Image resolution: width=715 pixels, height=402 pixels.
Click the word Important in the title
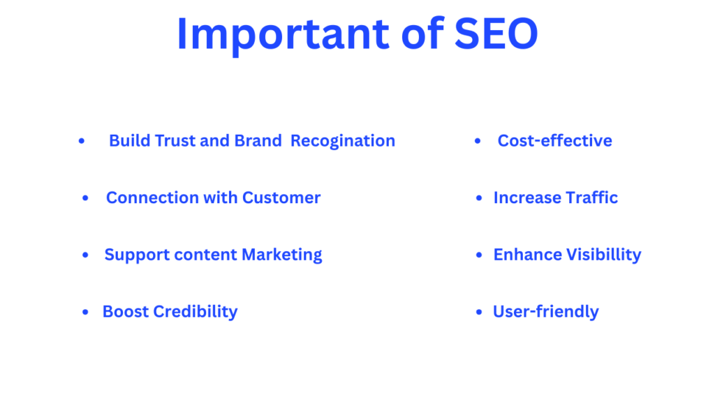point(283,35)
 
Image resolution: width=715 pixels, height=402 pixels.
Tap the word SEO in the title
point(496,33)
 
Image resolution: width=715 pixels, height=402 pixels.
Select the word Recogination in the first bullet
point(343,141)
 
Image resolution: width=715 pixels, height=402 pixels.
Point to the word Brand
point(258,141)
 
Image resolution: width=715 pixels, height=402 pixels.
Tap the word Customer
point(281,198)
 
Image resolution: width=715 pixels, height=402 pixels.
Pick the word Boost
point(126,312)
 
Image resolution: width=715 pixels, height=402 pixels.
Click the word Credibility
point(196,312)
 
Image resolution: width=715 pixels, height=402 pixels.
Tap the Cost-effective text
point(555,141)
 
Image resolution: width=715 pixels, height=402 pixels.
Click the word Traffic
point(592,198)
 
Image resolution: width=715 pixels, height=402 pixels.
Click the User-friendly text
point(546,312)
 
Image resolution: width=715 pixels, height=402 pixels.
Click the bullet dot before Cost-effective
point(478,141)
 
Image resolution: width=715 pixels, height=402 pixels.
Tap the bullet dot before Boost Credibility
point(85,312)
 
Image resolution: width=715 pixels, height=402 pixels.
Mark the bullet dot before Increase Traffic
point(479,198)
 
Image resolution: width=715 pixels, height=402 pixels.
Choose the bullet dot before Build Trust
point(82,141)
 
